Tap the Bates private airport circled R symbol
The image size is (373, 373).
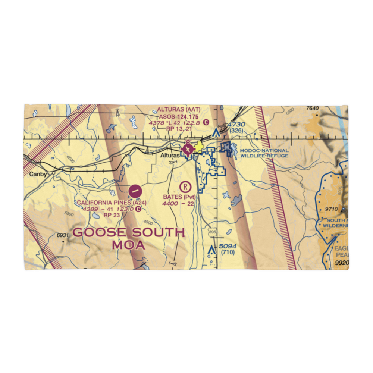pyautogui.click(x=185, y=186)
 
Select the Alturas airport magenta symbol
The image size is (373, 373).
pyautogui.click(x=188, y=150)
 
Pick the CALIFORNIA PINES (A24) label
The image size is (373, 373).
pyautogui.click(x=112, y=203)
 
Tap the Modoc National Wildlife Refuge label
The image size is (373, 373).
pyautogui.click(x=264, y=153)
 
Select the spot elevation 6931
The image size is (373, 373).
pyautogui.click(x=62, y=235)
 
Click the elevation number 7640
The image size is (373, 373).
pyautogui.click(x=313, y=109)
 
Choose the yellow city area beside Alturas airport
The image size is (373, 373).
pyautogui.click(x=199, y=148)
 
